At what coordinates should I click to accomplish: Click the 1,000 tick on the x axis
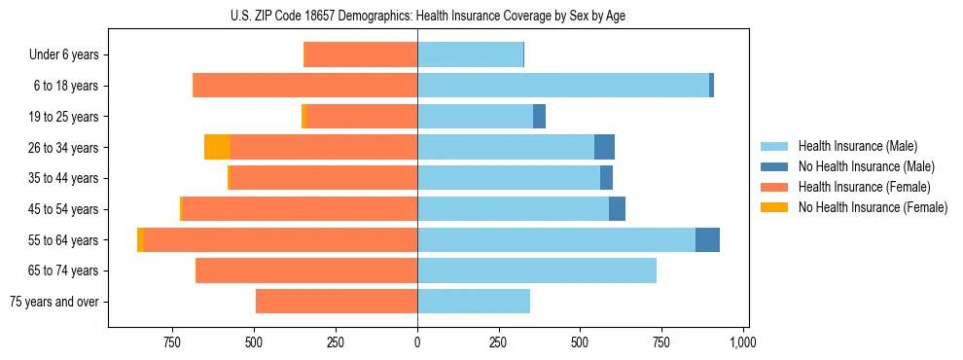click(743, 342)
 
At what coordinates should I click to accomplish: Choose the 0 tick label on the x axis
click(417, 342)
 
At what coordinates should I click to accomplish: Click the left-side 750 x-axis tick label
click(172, 342)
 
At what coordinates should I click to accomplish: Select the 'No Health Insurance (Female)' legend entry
click(873, 207)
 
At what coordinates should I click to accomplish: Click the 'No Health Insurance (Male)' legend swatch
click(775, 166)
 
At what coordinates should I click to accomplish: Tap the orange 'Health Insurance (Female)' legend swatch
click(775, 187)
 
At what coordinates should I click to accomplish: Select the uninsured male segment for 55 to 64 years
click(707, 240)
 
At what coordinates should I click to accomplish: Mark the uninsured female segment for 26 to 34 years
click(218, 148)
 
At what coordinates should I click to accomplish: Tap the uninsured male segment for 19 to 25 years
click(539, 117)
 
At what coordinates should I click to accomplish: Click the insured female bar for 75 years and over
click(337, 302)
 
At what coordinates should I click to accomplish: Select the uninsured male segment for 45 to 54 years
click(617, 209)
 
